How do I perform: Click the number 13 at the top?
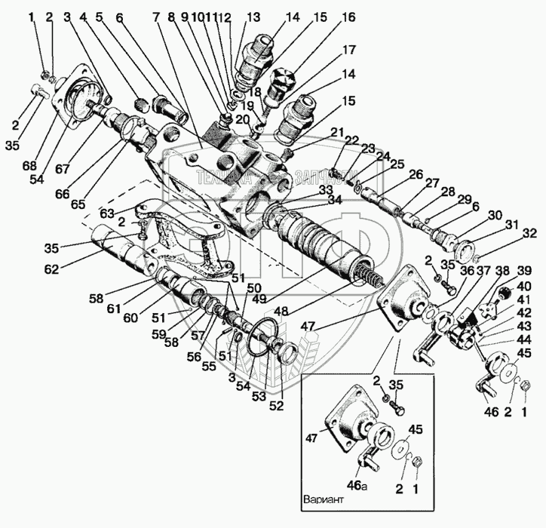[x=252, y=17]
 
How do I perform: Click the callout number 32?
[x=529, y=234]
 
